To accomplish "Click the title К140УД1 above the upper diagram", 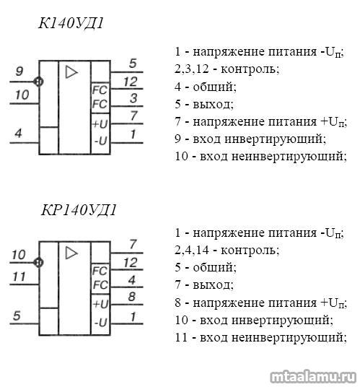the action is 71,24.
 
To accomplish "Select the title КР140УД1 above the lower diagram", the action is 79,211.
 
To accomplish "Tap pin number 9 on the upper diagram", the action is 19,71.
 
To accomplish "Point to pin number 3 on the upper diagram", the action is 133,98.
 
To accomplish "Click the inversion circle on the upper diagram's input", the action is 38,82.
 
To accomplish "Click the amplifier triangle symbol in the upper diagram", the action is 71,72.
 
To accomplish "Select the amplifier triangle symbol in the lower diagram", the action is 71,253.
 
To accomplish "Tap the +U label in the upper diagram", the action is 100,123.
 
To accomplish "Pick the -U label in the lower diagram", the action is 100,322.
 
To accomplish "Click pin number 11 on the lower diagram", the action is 19,277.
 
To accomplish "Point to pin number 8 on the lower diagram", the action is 132,297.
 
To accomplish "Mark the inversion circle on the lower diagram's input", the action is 38,262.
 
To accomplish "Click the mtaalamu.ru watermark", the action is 313,377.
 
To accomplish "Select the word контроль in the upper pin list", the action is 250,69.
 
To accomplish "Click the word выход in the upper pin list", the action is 213,105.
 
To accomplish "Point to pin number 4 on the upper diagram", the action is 19,134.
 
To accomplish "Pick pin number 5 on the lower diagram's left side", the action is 17,316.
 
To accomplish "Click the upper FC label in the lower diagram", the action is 100,271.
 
